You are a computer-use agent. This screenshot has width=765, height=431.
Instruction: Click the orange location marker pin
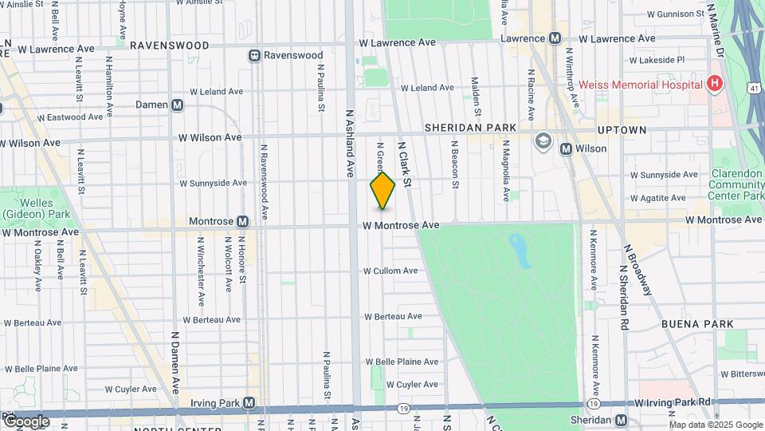(382, 190)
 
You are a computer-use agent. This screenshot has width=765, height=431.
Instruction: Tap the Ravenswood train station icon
(254, 55)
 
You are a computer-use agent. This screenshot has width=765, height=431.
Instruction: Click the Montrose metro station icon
(242, 221)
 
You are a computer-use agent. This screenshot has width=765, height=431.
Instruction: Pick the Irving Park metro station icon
(249, 403)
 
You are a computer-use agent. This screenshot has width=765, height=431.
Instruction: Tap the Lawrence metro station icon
(555, 38)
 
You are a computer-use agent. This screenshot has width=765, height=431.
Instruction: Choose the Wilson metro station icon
(566, 148)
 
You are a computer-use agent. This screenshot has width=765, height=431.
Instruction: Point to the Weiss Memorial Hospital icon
(715, 84)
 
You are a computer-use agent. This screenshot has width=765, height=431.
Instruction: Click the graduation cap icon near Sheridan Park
(543, 141)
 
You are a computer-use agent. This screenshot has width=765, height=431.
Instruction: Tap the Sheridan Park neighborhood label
(470, 127)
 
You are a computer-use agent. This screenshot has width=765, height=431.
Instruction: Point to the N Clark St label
(404, 165)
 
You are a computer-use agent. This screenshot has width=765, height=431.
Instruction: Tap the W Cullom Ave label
(390, 271)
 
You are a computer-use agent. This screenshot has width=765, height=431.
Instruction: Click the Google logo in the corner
(26, 421)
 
